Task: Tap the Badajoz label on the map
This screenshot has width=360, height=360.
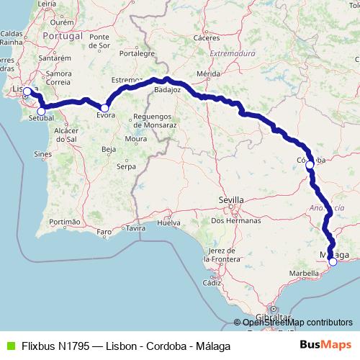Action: (x=168, y=91)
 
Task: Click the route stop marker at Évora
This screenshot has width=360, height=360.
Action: (x=104, y=107)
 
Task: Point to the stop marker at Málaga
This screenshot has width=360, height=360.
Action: (x=333, y=262)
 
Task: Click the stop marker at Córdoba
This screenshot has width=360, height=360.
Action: (x=310, y=165)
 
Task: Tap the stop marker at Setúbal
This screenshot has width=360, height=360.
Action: (x=41, y=111)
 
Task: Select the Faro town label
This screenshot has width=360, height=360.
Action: (x=105, y=232)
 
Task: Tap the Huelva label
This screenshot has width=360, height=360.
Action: (x=168, y=223)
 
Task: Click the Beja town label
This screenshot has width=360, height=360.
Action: (x=109, y=149)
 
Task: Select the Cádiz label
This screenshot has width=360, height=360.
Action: (x=211, y=282)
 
